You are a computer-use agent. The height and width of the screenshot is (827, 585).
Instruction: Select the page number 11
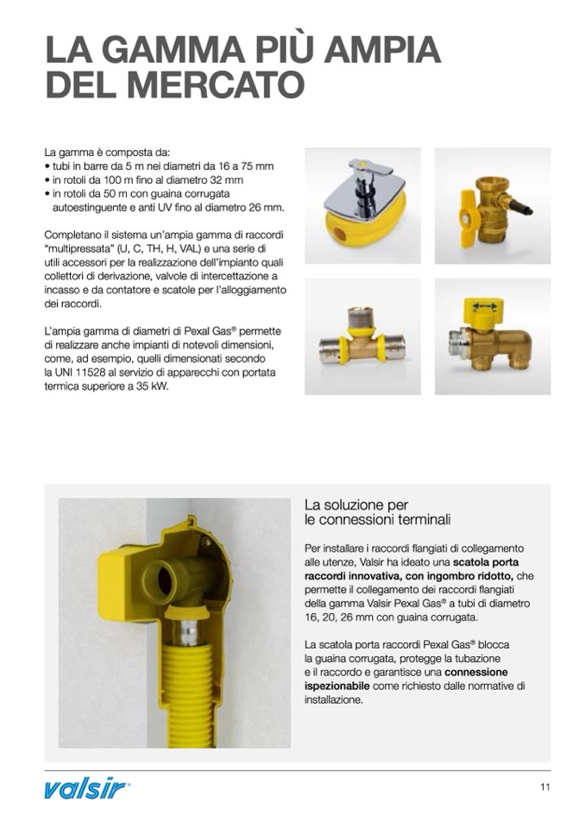544,786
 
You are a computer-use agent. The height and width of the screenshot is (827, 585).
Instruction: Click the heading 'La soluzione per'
356,504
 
